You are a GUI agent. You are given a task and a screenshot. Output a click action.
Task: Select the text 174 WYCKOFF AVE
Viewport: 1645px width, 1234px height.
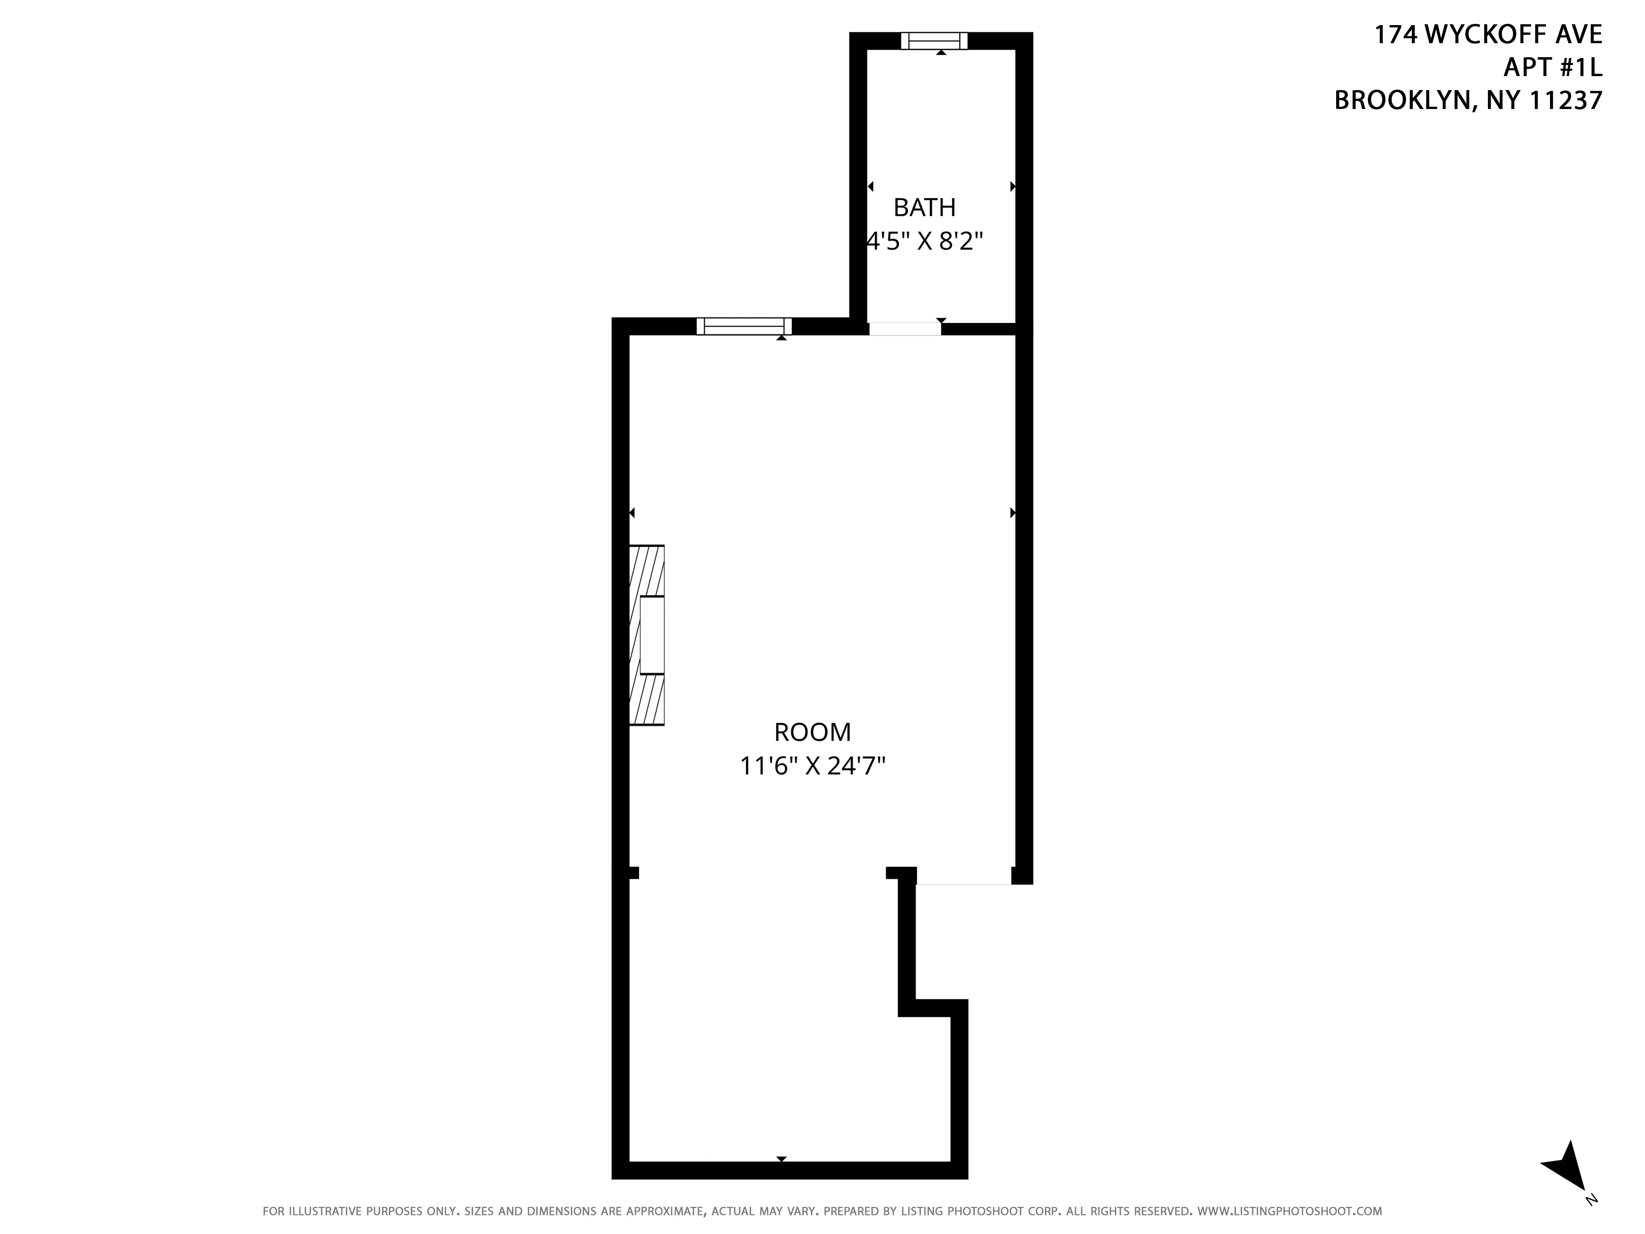point(1487,35)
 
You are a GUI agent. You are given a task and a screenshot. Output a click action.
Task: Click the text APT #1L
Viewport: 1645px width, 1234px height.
point(1552,68)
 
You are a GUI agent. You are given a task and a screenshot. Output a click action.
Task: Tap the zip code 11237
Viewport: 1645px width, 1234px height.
point(1565,100)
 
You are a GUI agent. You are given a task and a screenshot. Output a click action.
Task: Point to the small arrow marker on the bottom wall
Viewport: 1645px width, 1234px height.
point(781,1159)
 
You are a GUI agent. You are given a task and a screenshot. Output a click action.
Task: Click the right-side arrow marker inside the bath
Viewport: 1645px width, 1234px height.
point(1012,187)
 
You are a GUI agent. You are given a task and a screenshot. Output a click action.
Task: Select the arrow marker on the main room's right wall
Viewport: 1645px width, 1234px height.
point(1012,513)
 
